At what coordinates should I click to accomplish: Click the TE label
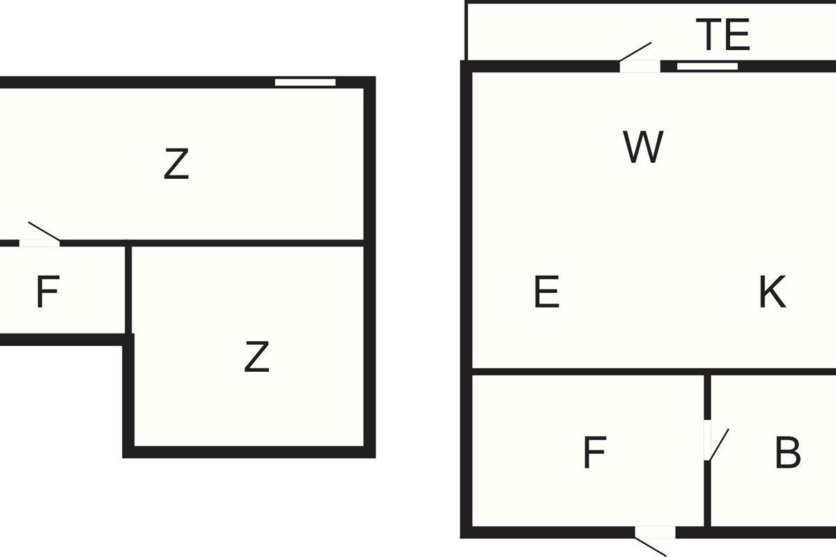(723, 35)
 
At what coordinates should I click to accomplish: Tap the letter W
(643, 147)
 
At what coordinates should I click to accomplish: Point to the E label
(547, 291)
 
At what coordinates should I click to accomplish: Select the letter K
(773, 291)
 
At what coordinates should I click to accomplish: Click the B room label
(787, 453)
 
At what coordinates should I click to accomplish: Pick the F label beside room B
(595, 453)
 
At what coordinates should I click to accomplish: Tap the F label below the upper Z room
(48, 291)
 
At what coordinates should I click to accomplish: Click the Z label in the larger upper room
(176, 164)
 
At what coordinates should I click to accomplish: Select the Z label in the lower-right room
(257, 356)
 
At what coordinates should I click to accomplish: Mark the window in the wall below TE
(707, 66)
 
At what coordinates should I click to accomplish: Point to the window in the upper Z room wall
(305, 82)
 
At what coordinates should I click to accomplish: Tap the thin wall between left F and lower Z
(128, 290)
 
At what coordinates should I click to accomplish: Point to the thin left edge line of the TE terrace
(466, 31)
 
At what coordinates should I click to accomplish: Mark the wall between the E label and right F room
(588, 372)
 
